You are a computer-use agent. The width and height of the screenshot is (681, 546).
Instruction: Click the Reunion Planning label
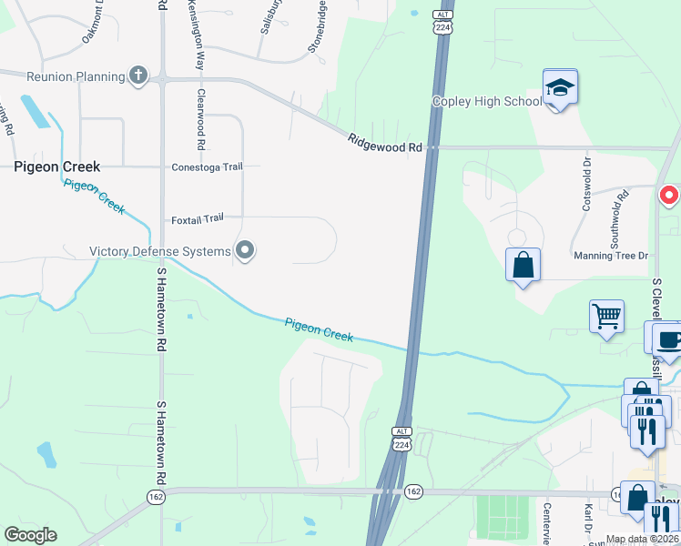tap(63, 76)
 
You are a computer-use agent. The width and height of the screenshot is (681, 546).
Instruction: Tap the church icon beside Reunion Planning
tap(138, 76)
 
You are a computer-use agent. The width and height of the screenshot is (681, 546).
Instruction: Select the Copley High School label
tap(486, 101)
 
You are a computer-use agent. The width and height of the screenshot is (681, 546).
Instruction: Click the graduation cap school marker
tap(561, 87)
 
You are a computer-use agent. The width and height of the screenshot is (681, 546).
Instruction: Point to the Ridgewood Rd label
tap(385, 143)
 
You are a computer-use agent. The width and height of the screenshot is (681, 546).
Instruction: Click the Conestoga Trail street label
tap(208, 167)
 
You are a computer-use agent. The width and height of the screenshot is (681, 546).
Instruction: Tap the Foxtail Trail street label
tap(197, 218)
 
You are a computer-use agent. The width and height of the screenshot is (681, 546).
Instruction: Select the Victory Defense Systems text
tap(159, 251)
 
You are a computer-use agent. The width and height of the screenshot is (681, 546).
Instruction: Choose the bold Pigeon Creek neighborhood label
tap(56, 167)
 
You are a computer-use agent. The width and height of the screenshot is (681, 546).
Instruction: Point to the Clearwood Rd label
tap(200, 119)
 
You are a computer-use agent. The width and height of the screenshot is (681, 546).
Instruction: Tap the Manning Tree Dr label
tap(610, 258)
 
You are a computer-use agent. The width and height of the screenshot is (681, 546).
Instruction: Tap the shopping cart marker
tap(606, 318)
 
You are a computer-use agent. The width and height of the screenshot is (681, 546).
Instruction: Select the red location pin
tap(669, 195)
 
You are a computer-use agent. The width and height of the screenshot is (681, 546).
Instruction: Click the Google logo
tap(30, 535)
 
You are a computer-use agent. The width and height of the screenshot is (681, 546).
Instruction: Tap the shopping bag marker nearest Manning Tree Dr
tap(523, 266)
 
